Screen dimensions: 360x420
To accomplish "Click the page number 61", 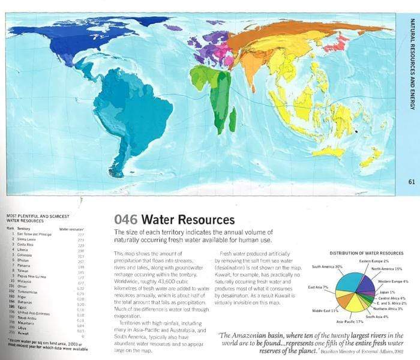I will coord(412,182).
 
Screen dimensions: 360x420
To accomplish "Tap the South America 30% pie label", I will coord(328,266).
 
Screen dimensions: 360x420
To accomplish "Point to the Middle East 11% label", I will coord(326,310).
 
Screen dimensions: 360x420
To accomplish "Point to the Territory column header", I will coord(24,228).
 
